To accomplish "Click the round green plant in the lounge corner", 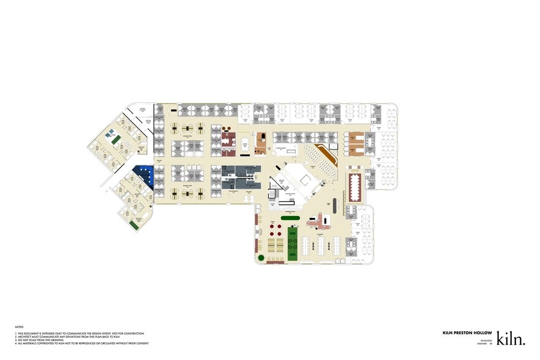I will click(261, 259).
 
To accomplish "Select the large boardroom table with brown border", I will click(355, 187).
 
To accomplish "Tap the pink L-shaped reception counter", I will click(319, 219).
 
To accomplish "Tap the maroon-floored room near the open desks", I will click(229, 140).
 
